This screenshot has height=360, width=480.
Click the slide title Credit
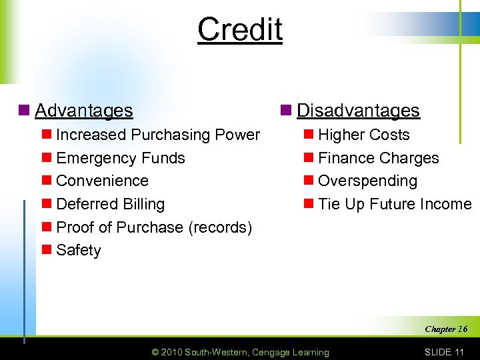pyautogui.click(x=240, y=29)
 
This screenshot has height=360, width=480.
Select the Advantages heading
pyautogui.click(x=83, y=110)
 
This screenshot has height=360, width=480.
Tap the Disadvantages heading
pyautogui.click(x=358, y=110)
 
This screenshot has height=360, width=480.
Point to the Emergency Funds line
pyautogui.click(x=121, y=158)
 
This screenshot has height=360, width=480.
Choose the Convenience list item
pyautogui.click(x=102, y=181)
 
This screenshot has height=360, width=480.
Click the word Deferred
pyautogui.click(x=83, y=204)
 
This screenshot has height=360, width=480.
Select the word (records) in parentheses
pyautogui.click(x=220, y=227)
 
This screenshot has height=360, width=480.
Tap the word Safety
pyautogui.click(x=79, y=250)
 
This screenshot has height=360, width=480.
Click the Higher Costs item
pyautogui.click(x=363, y=135)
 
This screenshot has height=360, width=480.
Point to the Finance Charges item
pyautogui.click(x=378, y=158)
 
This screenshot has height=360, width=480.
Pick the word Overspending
pyautogui.click(x=367, y=181)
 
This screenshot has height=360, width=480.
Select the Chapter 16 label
pyautogui.click(x=446, y=329)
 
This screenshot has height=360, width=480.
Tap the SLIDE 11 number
pyautogui.click(x=443, y=352)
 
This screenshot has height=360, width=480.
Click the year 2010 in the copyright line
pyautogui.click(x=171, y=352)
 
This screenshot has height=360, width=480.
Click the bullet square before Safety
pyautogui.click(x=47, y=250)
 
